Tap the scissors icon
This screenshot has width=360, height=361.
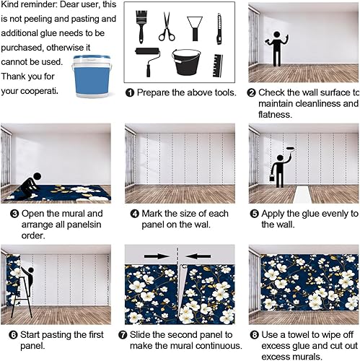167,27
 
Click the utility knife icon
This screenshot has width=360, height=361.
217,27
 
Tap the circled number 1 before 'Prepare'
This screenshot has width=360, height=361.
130,93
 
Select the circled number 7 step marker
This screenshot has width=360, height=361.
130,334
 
